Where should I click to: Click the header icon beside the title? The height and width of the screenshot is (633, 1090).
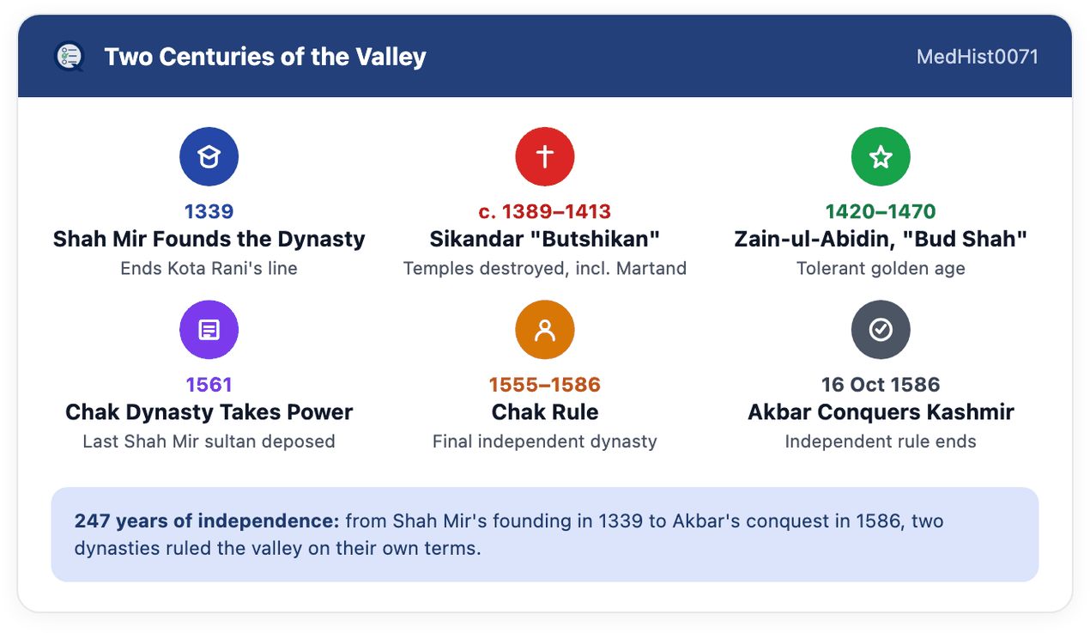(x=70, y=57)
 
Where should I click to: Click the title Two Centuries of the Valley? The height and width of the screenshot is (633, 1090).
(x=265, y=57)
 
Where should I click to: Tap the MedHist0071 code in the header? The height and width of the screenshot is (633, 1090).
(x=977, y=57)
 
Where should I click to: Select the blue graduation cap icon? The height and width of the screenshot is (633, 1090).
(x=209, y=157)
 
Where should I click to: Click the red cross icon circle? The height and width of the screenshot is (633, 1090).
(x=545, y=157)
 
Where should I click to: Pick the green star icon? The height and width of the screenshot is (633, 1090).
(x=881, y=157)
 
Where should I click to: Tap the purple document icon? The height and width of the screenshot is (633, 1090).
(x=209, y=330)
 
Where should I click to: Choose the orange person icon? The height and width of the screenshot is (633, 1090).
(x=545, y=330)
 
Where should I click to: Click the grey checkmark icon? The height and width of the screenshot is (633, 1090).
(x=881, y=330)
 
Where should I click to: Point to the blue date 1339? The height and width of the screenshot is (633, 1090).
(x=209, y=211)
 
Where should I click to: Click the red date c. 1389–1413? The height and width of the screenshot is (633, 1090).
(x=544, y=211)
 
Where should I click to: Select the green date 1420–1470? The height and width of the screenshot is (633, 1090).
(x=881, y=211)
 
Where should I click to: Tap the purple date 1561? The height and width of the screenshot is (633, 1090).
(x=209, y=385)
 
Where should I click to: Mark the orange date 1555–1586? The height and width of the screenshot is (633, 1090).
(x=545, y=385)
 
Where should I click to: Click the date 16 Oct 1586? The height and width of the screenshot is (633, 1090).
(x=881, y=385)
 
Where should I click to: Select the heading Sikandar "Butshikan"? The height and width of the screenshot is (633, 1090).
(x=544, y=239)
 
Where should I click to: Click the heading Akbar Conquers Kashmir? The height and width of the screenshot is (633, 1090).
(x=881, y=412)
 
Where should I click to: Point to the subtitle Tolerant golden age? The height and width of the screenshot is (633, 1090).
(x=881, y=268)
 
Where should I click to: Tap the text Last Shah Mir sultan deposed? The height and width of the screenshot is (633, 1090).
(x=209, y=441)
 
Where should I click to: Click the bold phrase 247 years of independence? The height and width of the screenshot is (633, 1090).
(x=207, y=521)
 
